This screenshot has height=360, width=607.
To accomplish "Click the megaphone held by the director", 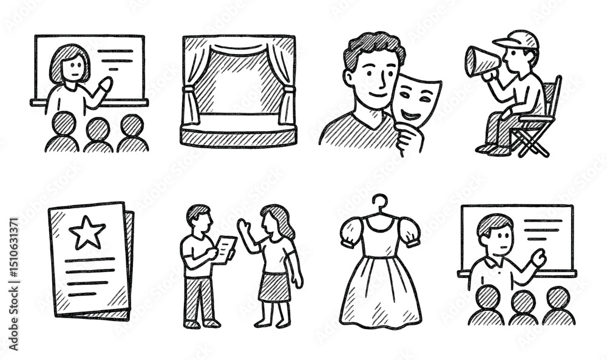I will pyautogui.click(x=480, y=61).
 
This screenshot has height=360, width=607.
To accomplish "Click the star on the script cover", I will pyautogui.click(x=87, y=233).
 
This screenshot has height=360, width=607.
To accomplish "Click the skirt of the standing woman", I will pyautogui.click(x=274, y=286).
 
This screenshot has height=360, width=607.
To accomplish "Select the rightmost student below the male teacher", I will pyautogui.click(x=558, y=307).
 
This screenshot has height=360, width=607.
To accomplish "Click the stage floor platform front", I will pyautogui.click(x=238, y=137).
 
